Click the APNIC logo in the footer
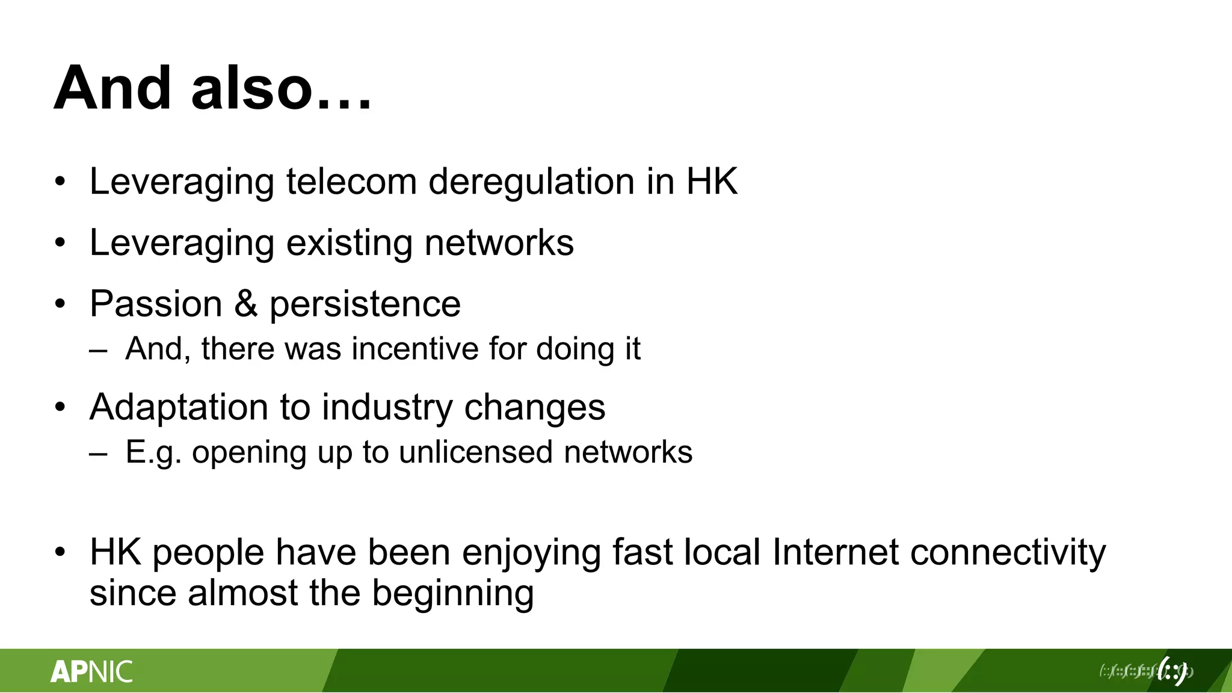(91, 671)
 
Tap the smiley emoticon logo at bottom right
(1172, 671)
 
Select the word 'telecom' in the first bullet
(351, 181)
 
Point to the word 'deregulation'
(531, 181)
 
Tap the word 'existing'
(350, 243)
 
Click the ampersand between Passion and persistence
(245, 303)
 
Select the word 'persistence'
(365, 304)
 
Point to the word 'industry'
(387, 408)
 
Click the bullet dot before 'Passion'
(59, 304)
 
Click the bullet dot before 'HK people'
(59, 552)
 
